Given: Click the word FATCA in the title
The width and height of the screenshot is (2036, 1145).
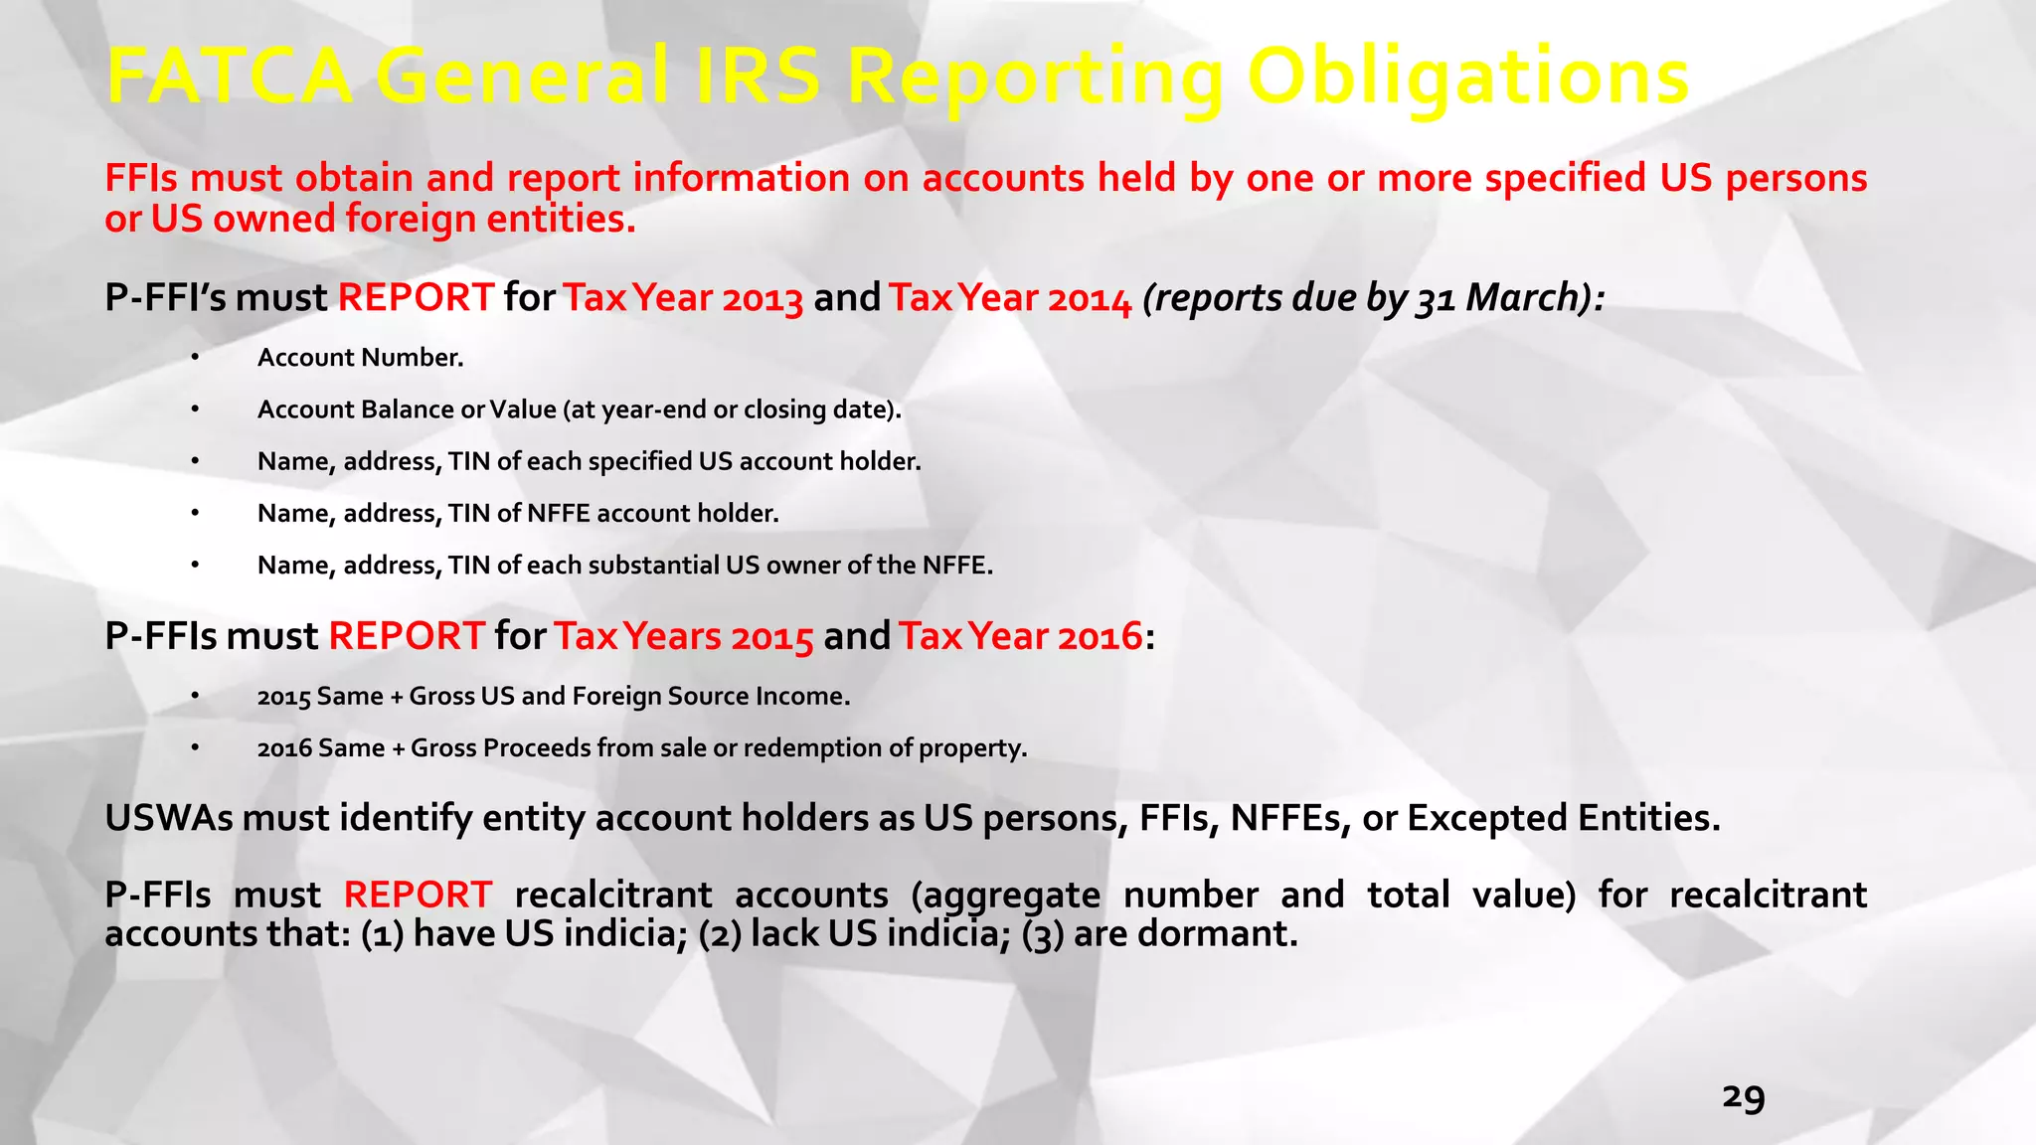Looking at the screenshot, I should click(x=230, y=77).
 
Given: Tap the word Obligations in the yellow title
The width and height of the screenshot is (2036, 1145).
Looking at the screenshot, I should click(x=1467, y=79).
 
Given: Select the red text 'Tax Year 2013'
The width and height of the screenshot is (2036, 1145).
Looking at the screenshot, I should click(x=683, y=298).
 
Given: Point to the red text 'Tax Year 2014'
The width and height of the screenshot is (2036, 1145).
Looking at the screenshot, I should click(x=1010, y=298).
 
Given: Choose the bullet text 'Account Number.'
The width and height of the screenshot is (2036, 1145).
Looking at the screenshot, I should click(x=360, y=358).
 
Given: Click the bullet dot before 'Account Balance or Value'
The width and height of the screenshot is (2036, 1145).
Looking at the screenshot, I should click(x=196, y=409).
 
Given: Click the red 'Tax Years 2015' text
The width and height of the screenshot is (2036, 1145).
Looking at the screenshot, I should click(x=683, y=636).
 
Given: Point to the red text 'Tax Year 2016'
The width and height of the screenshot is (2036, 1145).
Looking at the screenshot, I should click(x=1020, y=636).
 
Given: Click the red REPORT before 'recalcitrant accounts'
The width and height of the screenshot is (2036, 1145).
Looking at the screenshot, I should click(x=418, y=895).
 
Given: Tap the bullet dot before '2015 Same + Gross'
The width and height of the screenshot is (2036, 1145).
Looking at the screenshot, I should click(x=196, y=696).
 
